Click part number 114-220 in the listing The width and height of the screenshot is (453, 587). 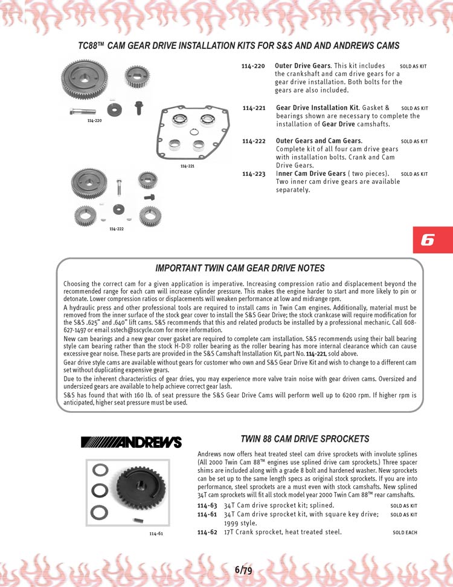click(x=252, y=65)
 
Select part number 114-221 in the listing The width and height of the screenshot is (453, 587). click(x=254, y=108)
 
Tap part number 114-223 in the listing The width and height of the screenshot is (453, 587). click(x=254, y=174)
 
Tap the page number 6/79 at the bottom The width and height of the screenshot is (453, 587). click(x=243, y=569)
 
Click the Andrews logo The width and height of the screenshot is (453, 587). click(x=131, y=442)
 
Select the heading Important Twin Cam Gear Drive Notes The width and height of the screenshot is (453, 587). click(x=240, y=268)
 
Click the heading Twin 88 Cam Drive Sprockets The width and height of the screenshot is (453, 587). click(x=304, y=438)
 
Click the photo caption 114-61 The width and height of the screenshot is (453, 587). click(x=156, y=534)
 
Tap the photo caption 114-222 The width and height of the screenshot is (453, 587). click(x=117, y=229)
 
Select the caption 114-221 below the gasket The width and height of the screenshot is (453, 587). click(x=187, y=166)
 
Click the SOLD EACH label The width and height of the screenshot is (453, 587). click(x=405, y=533)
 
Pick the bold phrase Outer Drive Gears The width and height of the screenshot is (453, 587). click(x=302, y=65)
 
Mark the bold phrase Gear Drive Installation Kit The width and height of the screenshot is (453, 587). click(x=318, y=108)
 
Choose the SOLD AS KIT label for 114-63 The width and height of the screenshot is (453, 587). click(x=403, y=506)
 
